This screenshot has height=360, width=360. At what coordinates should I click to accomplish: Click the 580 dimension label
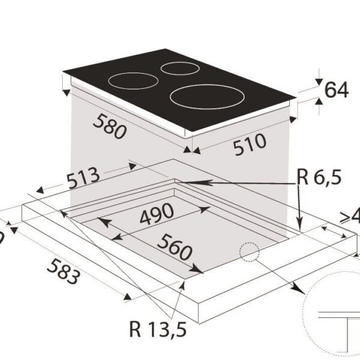pos(109,127)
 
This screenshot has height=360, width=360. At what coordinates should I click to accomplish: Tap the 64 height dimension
pos(336,90)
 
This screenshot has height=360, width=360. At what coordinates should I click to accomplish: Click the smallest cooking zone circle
pos(179,68)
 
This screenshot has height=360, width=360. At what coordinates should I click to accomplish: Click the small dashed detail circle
pos(248,253)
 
